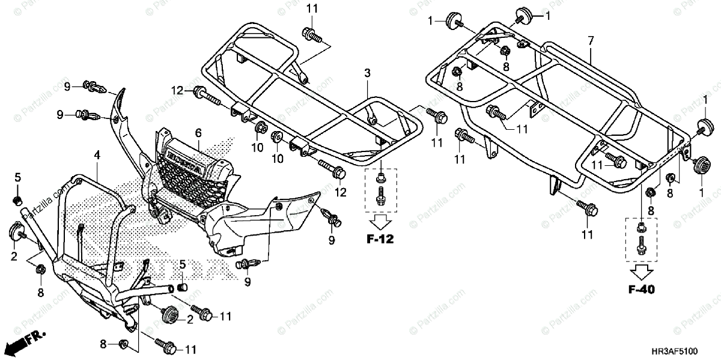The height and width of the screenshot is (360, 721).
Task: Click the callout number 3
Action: click(x=367, y=73)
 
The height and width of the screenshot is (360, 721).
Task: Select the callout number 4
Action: click(x=96, y=155)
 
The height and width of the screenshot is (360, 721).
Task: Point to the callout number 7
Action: click(x=591, y=40)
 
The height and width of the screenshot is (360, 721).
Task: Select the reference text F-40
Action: click(x=641, y=290)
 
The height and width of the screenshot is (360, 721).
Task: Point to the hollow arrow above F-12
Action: click(x=381, y=219)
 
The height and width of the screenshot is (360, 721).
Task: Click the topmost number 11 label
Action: click(x=311, y=8)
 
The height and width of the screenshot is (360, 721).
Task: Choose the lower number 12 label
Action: click(x=341, y=192)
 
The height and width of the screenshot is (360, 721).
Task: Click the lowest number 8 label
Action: click(x=103, y=344)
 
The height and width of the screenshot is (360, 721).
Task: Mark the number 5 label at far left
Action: click(x=18, y=177)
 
